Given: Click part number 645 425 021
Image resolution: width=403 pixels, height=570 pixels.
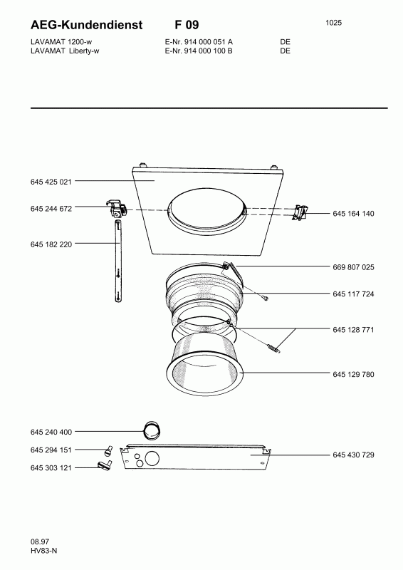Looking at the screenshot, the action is click(x=51, y=182).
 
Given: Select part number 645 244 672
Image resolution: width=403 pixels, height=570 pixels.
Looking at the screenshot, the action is click(x=51, y=209).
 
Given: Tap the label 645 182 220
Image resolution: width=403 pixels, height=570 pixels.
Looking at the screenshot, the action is click(x=51, y=244).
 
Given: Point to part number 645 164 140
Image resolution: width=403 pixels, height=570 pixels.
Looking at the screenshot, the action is click(x=353, y=214).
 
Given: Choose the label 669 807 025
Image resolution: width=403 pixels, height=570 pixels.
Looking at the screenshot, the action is click(x=353, y=267).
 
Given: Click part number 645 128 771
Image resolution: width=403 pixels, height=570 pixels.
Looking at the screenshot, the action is click(x=353, y=330).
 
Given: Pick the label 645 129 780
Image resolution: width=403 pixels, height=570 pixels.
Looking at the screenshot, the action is click(x=353, y=375).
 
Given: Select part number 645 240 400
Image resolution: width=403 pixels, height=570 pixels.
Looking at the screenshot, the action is click(x=51, y=432).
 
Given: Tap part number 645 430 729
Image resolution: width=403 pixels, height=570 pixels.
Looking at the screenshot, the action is click(x=353, y=455).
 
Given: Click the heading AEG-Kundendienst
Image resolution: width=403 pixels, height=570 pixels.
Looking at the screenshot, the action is click(x=87, y=25).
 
